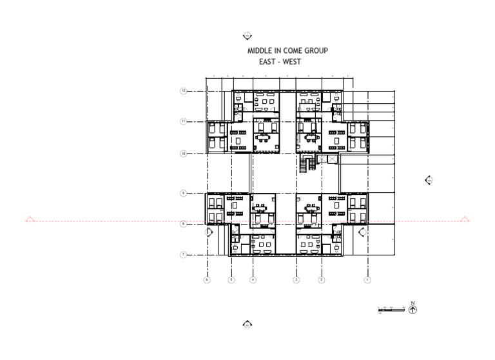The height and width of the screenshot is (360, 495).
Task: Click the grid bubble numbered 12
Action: pos(183,91)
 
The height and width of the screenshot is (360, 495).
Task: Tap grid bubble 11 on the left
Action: pos(183,121)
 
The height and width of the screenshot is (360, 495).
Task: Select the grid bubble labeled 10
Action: pos(183,154)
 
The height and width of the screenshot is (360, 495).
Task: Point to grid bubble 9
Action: pos(183,193)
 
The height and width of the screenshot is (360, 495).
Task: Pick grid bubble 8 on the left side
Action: pos(183,224)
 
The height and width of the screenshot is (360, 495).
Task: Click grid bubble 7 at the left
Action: pos(183,255)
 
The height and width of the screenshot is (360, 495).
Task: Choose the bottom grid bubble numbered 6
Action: pos(207,280)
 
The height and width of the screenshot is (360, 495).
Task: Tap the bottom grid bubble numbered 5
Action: pos(231,280)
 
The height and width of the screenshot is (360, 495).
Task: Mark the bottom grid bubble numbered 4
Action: pos(253,280)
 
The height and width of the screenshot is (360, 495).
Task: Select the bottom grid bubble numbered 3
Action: pos(296,280)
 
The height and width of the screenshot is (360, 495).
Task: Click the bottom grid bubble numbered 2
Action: pos(321,280)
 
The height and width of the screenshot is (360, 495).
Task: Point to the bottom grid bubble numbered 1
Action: pos(367,280)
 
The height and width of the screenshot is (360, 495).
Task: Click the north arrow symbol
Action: pos(413,309)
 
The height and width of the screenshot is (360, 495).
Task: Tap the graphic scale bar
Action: pos(391,310)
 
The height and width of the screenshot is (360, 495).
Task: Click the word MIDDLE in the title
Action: pos(258,50)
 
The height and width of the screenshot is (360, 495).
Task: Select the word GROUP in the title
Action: pos(316,50)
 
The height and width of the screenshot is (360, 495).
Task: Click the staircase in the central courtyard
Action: pos(305,165)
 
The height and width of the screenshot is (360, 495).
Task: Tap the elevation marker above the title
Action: pos(247,36)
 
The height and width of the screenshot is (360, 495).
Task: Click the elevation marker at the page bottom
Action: pos(247,324)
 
